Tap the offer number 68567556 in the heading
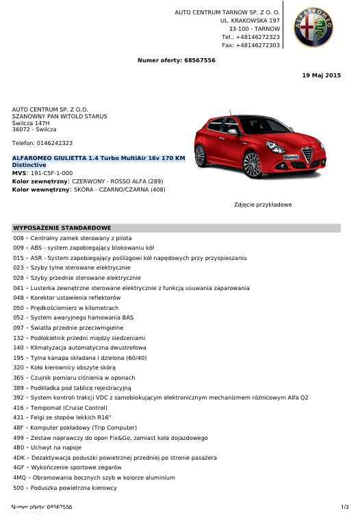(199, 60)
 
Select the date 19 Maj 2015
(321, 75)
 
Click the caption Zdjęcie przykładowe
(263, 205)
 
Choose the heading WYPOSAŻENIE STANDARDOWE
(62, 228)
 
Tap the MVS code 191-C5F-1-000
(51, 173)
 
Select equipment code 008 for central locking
(18, 238)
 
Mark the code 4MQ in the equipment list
(19, 478)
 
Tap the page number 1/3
(344, 507)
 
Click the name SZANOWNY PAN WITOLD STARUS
(60, 116)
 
